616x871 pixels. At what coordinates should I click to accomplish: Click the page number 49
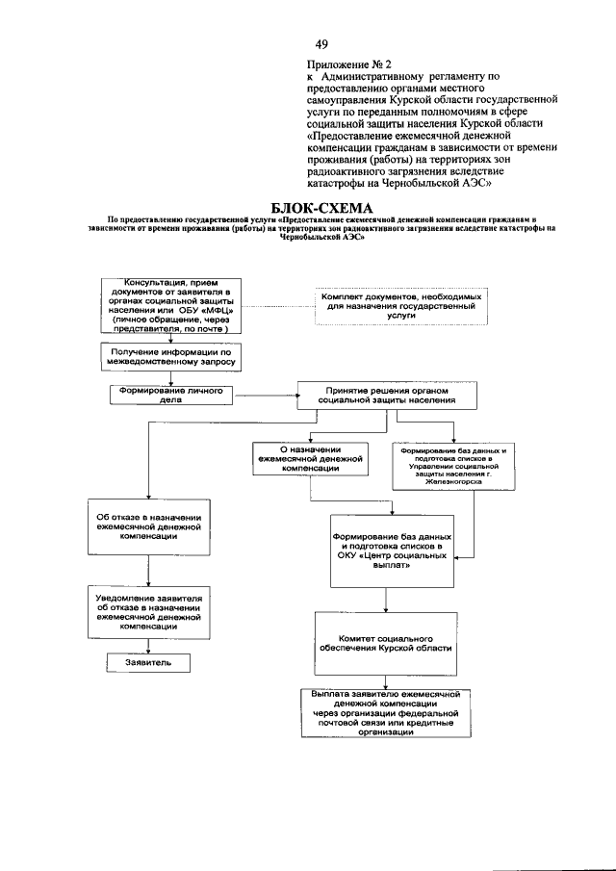click(x=321, y=43)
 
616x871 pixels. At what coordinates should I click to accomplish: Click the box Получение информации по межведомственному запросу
click(x=169, y=358)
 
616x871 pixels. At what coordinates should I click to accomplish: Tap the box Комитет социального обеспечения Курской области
click(x=385, y=643)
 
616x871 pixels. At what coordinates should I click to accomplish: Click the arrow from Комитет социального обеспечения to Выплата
click(x=385, y=679)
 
